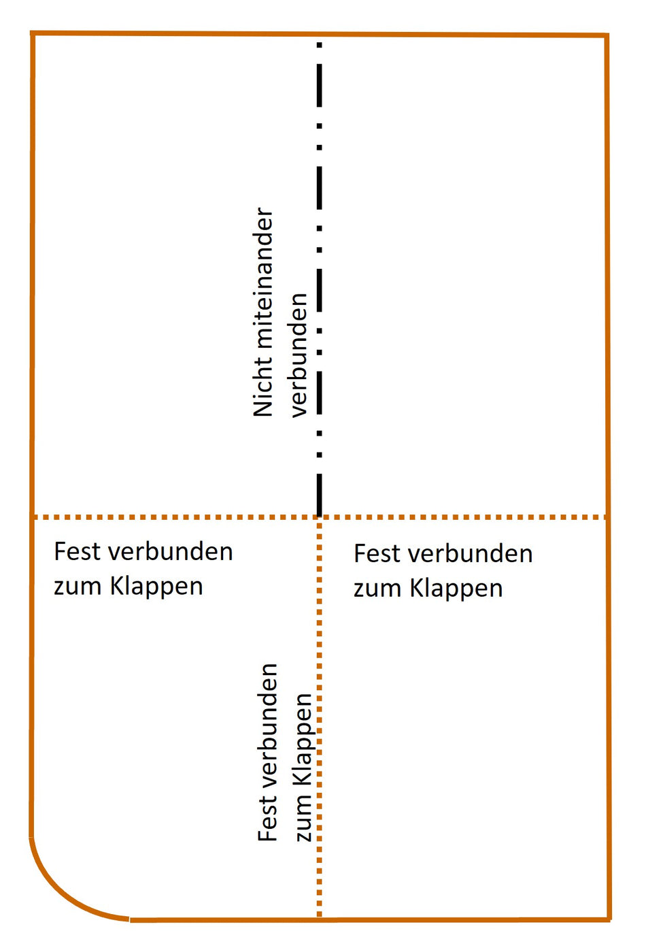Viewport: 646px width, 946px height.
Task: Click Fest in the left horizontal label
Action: point(77,551)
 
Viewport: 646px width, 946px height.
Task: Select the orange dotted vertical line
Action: point(320,715)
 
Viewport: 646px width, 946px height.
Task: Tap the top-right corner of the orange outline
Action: point(607,35)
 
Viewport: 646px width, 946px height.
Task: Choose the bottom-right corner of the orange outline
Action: point(609,919)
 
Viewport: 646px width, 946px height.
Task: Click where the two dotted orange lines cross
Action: point(320,517)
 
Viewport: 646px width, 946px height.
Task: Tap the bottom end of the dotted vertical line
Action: point(320,915)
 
